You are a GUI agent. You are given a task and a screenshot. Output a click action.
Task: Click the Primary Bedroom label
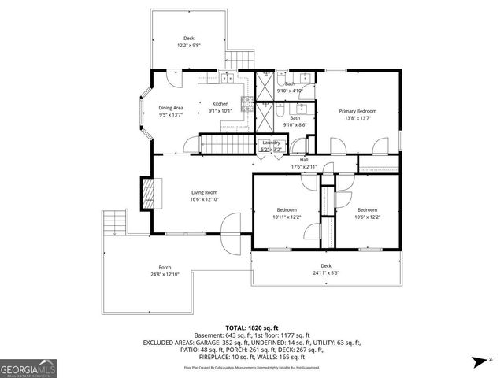[x=358, y=111]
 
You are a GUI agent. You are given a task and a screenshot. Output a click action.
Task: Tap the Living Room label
[x=204, y=192]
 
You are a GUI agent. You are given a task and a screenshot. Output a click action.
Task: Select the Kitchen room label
[x=220, y=103]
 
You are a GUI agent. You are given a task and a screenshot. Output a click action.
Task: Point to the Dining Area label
[x=171, y=107]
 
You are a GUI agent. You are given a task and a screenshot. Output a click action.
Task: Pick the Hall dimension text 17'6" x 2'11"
[x=303, y=166]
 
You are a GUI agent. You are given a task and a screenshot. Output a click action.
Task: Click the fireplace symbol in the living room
[x=147, y=192]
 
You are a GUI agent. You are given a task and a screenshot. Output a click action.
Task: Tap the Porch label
[x=165, y=267]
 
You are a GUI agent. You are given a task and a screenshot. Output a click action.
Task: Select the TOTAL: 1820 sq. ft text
[x=252, y=328]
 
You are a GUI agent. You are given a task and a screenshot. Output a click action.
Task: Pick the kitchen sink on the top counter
[x=226, y=77]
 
